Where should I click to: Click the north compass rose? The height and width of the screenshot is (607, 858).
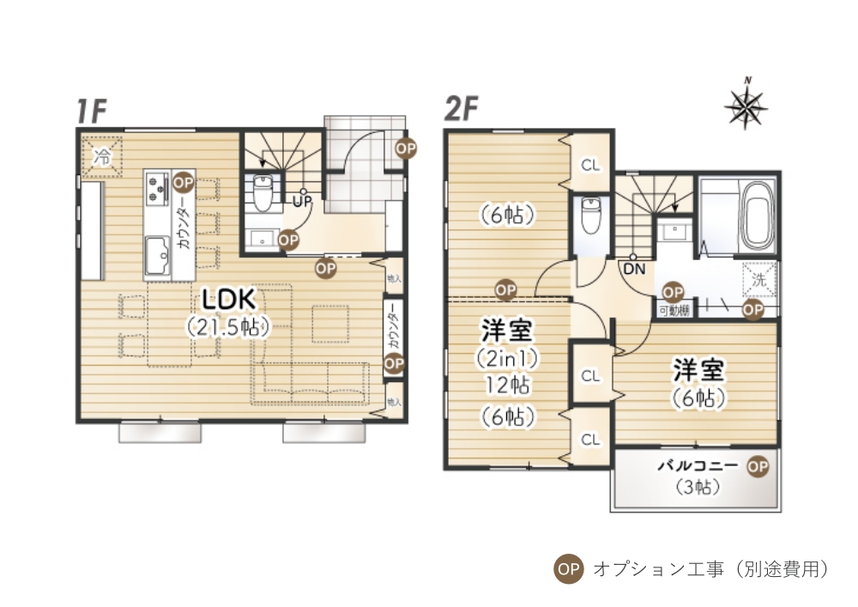pyautogui.click(x=746, y=105)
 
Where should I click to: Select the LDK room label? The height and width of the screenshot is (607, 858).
pyautogui.click(x=227, y=300)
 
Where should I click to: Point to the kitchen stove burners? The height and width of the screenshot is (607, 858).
pyautogui.click(x=157, y=189)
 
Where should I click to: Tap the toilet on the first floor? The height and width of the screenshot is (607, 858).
pyautogui.click(x=263, y=193)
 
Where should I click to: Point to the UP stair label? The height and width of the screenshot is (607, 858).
pyautogui.click(x=301, y=202)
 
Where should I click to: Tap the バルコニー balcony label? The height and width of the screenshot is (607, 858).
pyautogui.click(x=698, y=466)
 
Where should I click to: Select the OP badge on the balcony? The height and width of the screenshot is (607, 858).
pyautogui.click(x=757, y=465)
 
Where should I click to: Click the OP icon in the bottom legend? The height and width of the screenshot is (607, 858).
pyautogui.click(x=569, y=568)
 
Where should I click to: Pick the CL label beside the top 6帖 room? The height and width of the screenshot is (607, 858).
pyautogui.click(x=589, y=165)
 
